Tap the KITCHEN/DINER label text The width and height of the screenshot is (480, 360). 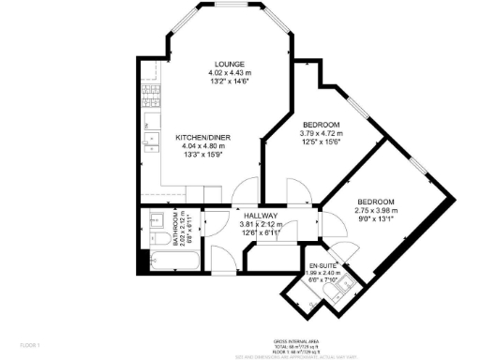[203, 138]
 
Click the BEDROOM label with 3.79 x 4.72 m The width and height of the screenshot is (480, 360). [321, 125]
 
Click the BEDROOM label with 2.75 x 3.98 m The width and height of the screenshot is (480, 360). [375, 202]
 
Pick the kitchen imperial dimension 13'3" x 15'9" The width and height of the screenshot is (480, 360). [203, 155]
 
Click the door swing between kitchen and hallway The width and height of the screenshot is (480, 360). [247, 190]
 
